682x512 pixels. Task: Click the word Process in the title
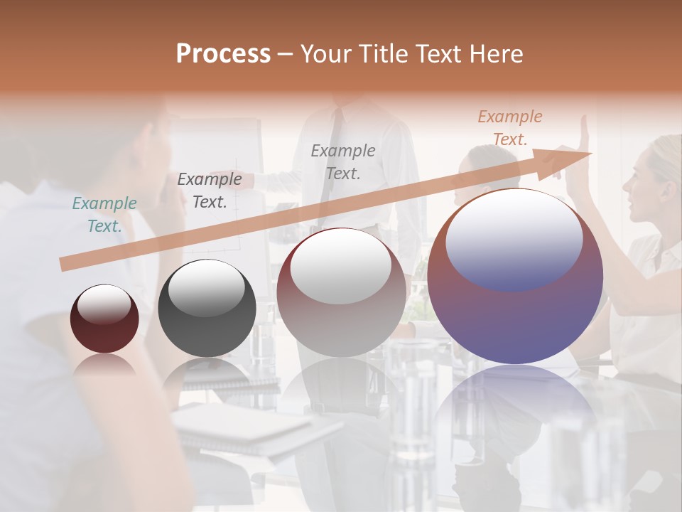[x=223, y=54]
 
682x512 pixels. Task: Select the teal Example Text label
[x=104, y=215]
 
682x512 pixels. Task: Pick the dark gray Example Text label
[x=210, y=191]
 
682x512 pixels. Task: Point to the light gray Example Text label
[x=343, y=161]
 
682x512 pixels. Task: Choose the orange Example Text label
[x=509, y=128]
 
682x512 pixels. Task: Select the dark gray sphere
[x=207, y=309]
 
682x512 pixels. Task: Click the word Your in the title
[x=326, y=54]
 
